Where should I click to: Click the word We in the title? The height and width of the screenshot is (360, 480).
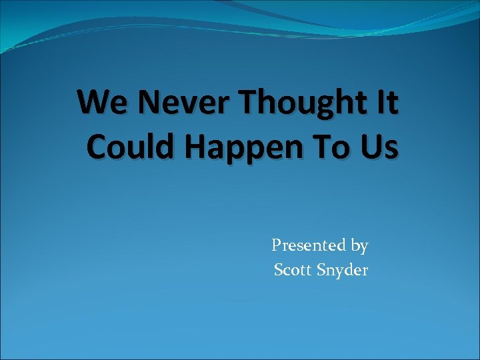(x=99, y=103)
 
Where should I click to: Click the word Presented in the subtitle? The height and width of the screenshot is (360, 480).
(x=309, y=245)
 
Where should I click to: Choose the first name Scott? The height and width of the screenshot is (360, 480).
(x=294, y=270)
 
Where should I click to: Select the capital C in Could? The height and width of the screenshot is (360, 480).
(x=97, y=147)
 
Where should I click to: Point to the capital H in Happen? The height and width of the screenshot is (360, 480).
(x=199, y=147)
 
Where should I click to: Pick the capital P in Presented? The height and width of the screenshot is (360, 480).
(x=277, y=245)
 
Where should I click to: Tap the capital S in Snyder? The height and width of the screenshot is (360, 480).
(x=321, y=270)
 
